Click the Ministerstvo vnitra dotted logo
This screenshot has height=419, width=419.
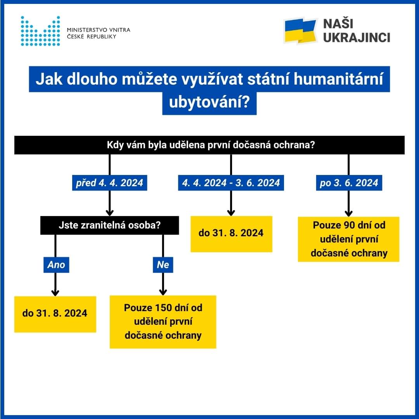40,31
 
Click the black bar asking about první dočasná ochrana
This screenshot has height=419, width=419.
209,145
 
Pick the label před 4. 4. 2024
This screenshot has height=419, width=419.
110,183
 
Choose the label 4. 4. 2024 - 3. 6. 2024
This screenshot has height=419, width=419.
231,183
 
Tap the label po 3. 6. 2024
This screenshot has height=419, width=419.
349,183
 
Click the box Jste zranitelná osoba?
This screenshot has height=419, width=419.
109,225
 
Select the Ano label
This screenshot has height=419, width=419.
56,265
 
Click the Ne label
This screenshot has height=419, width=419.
163,265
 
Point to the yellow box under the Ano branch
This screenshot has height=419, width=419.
55,314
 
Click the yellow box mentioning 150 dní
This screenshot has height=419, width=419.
163,322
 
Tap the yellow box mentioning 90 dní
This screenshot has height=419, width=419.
348,239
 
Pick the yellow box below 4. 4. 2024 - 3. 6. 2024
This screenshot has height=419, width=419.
231,234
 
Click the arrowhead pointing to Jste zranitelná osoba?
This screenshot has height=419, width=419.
110,212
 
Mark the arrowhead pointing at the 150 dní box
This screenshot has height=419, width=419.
163,292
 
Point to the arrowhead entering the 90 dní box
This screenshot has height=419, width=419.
348,213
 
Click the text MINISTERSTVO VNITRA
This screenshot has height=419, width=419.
99,30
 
